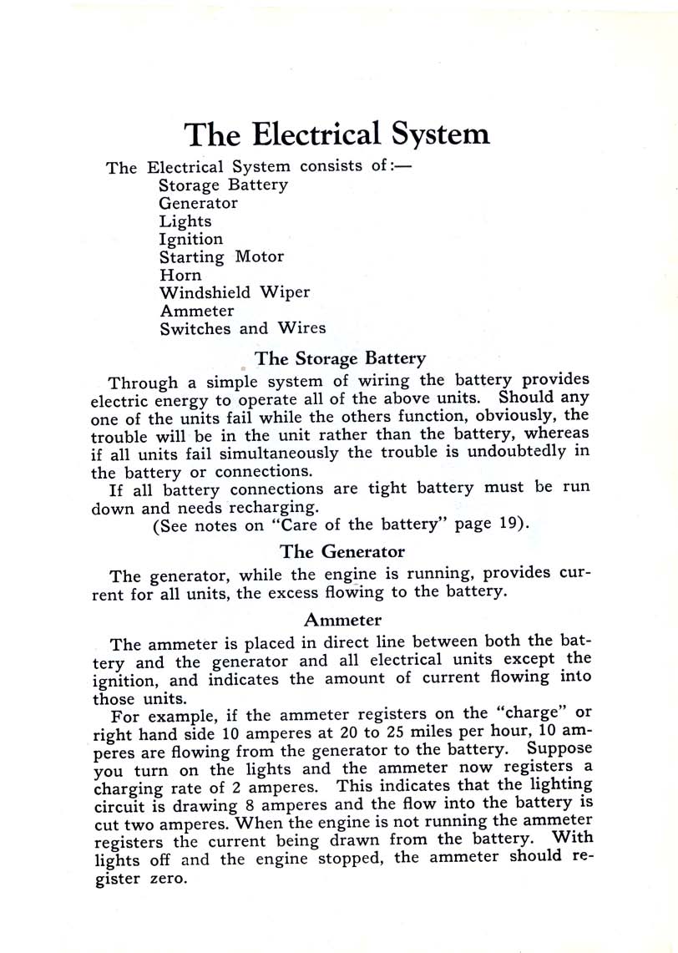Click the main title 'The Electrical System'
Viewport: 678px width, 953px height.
click(336, 134)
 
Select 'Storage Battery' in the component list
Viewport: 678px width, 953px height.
click(223, 185)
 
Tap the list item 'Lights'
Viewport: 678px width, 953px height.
click(185, 221)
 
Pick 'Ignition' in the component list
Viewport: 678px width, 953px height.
click(191, 240)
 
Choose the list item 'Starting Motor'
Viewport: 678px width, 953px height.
click(221, 257)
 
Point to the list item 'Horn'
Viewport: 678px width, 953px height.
click(180, 275)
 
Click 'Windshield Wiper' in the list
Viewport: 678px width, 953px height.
click(235, 292)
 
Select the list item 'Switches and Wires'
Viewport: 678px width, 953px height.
click(242, 328)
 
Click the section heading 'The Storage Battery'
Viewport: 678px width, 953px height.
click(340, 358)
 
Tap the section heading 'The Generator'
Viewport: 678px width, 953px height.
click(342, 551)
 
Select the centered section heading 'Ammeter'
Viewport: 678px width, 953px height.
click(342, 620)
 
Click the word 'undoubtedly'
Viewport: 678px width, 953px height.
click(517, 451)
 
